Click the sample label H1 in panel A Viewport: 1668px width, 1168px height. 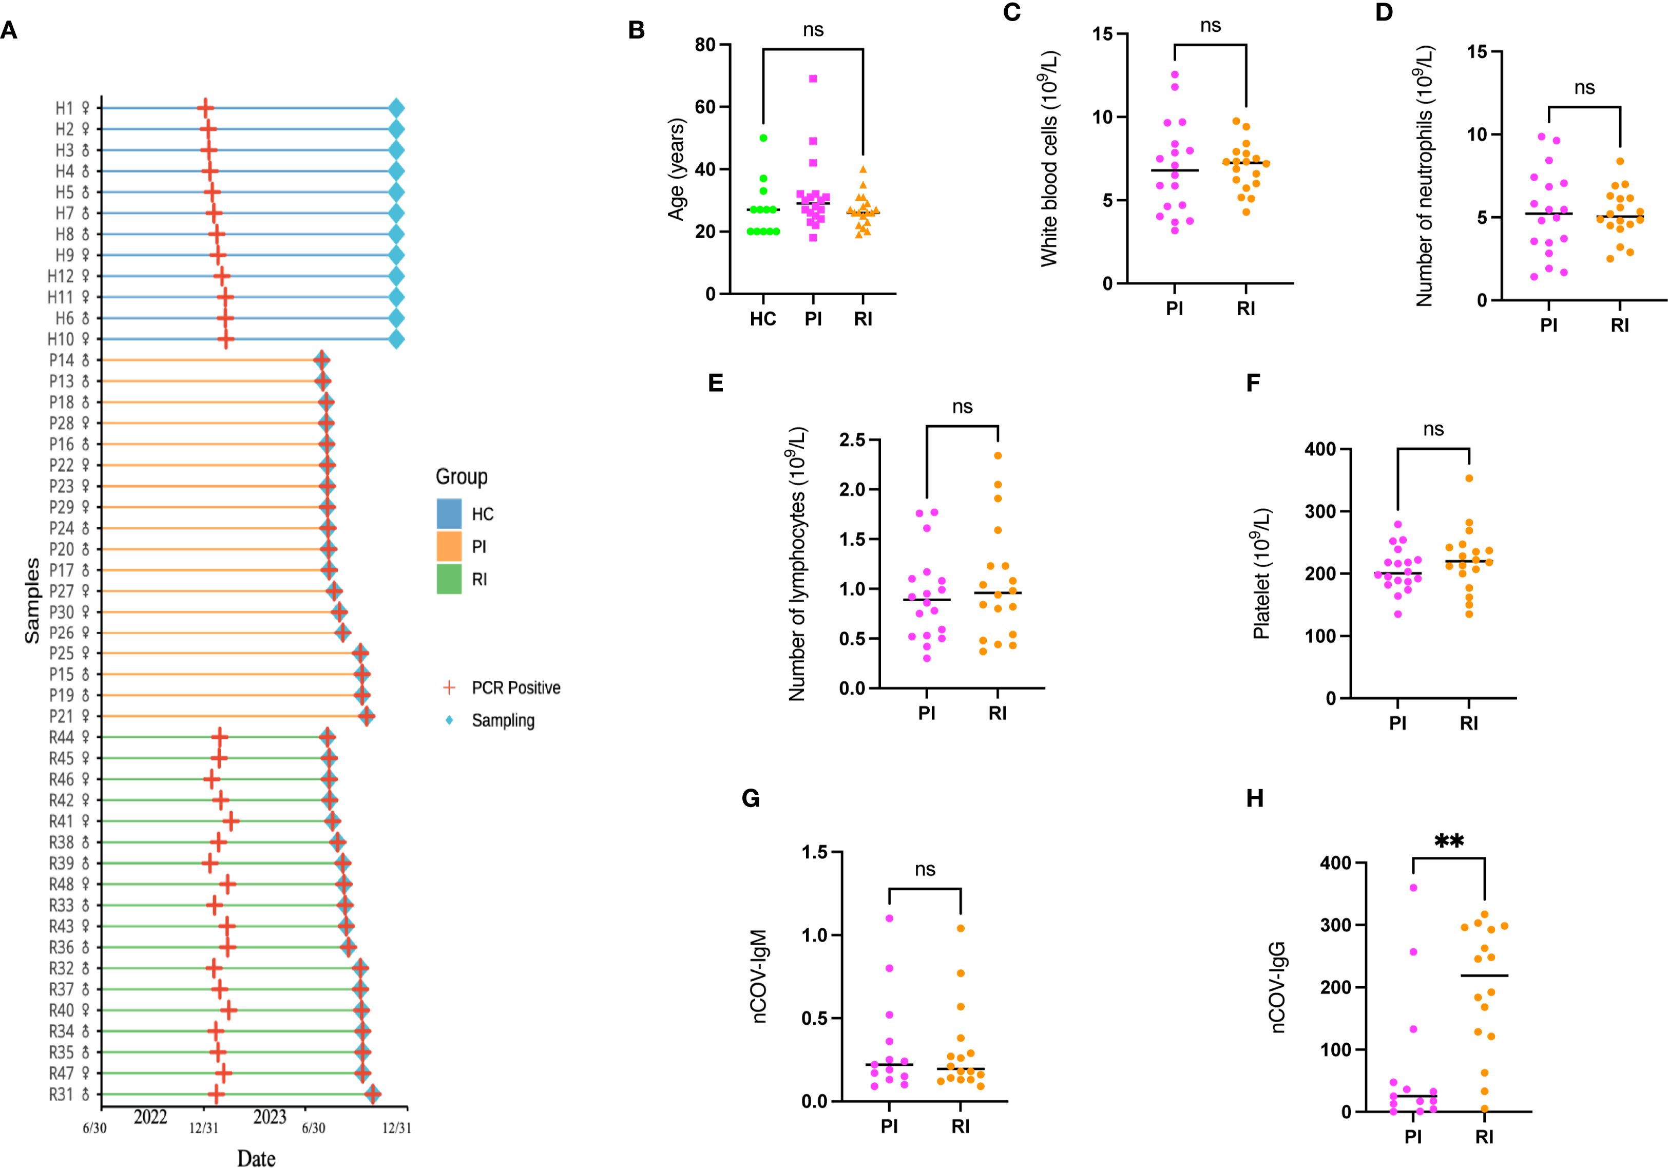[x=65, y=108]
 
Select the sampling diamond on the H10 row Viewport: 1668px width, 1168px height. [x=396, y=339]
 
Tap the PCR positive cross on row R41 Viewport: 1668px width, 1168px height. [x=231, y=821]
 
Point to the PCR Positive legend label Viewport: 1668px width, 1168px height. [x=516, y=688]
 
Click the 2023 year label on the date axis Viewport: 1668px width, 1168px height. [x=270, y=1117]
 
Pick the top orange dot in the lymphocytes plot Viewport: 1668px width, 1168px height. [x=998, y=456]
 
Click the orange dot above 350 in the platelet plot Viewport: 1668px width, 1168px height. [x=1469, y=478]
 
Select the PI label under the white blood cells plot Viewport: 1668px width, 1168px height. [x=1174, y=309]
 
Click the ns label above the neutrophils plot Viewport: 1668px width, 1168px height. [x=1584, y=88]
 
